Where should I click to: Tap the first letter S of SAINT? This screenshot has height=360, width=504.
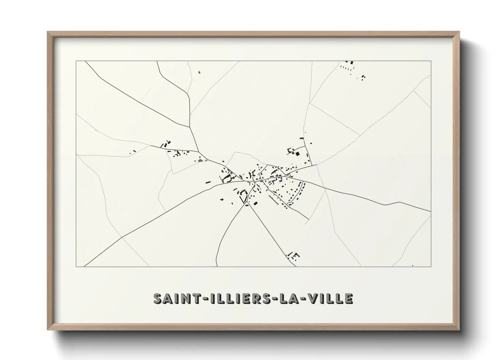pos(158,298)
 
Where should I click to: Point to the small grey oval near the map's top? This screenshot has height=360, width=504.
pos(199,72)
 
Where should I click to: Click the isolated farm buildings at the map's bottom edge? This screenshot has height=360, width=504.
pos(294,256)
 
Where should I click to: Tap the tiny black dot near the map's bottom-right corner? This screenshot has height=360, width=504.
pos(412,265)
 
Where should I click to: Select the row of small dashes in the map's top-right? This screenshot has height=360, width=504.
pos(346,68)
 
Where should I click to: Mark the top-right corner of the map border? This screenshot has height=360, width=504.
pos(431,61)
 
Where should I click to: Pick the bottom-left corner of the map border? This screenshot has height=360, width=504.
pos(76,266)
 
